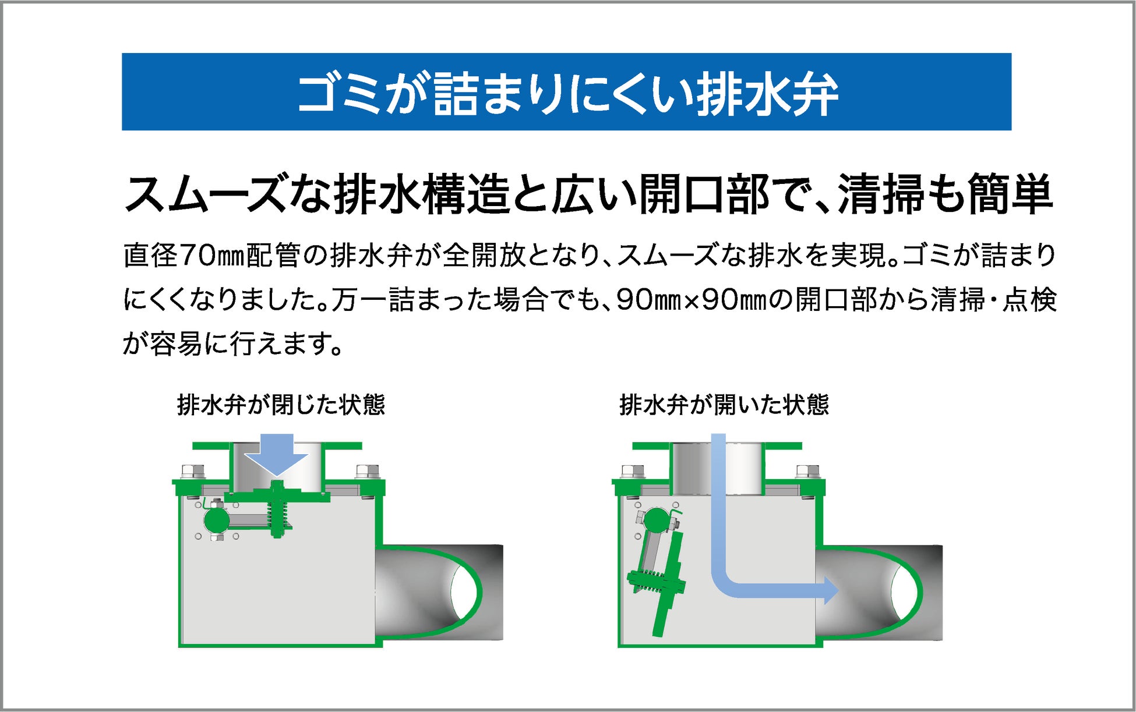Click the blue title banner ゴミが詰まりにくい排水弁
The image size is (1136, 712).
pyautogui.click(x=566, y=92)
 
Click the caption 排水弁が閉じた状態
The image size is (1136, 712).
pyautogui.click(x=281, y=405)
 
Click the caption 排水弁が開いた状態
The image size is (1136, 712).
pyautogui.click(x=724, y=405)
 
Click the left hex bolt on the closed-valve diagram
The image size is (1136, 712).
pyautogui.click(x=193, y=472)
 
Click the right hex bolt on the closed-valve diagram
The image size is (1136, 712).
pyautogui.click(x=367, y=472)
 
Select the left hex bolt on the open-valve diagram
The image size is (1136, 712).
pyautogui.click(x=633, y=472)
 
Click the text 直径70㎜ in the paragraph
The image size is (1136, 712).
pyautogui.click(x=171, y=256)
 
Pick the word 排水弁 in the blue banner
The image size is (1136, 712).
pyautogui.click(x=767, y=93)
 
